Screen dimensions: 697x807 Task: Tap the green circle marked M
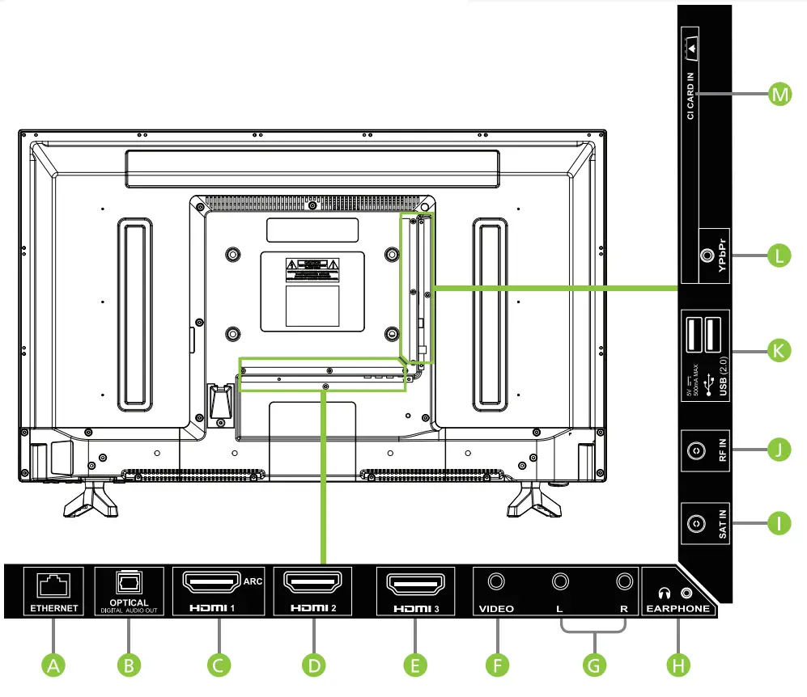(x=779, y=95)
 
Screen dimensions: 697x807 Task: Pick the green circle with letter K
(x=779, y=352)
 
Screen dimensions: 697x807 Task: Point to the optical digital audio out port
(x=130, y=583)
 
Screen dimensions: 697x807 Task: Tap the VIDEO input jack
(x=496, y=581)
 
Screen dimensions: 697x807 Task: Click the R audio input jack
(x=623, y=581)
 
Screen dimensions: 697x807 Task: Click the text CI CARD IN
(x=690, y=96)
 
